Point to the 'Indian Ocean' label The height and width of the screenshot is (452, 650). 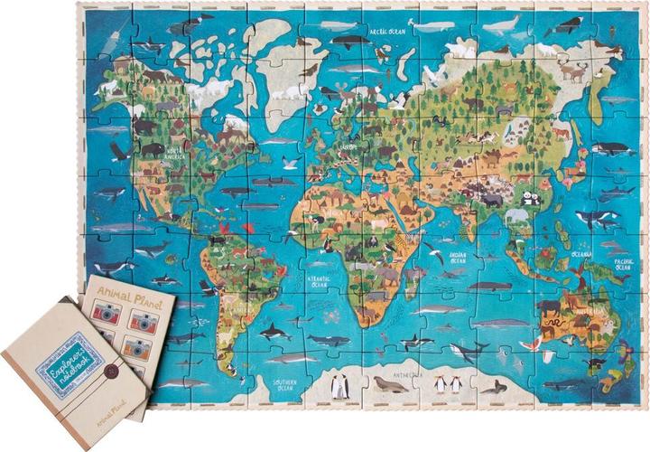(x=460, y=259)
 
